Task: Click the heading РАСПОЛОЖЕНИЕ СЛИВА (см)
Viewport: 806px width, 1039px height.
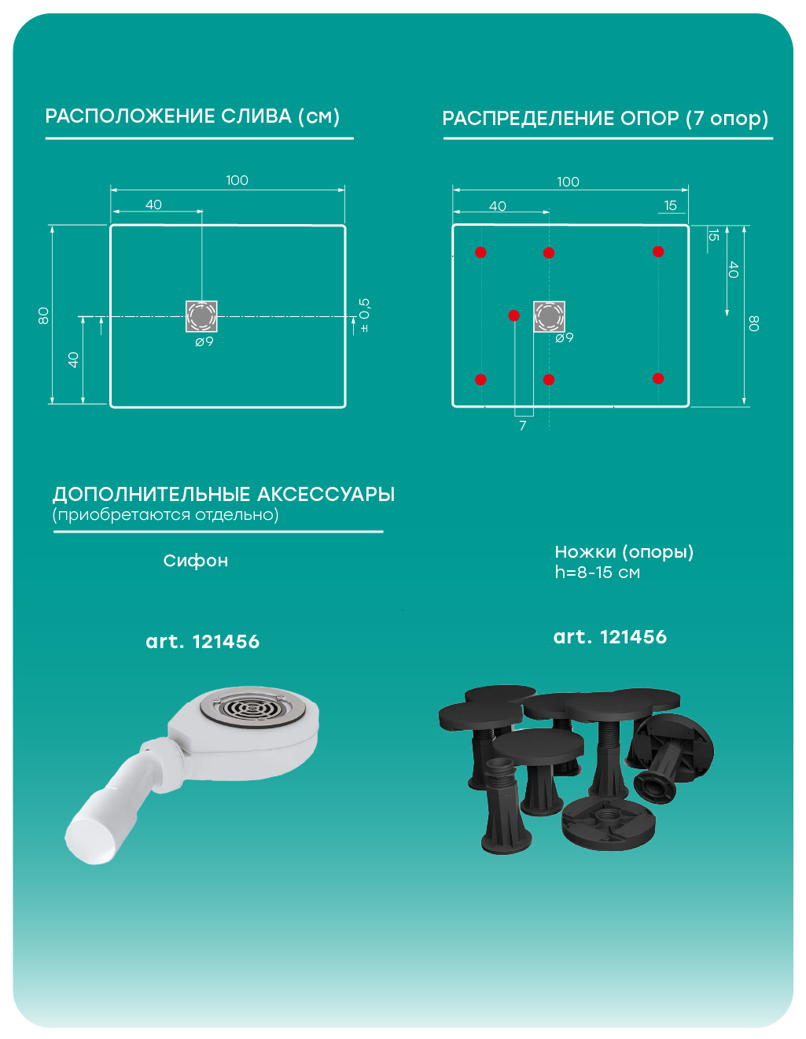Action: click(192, 116)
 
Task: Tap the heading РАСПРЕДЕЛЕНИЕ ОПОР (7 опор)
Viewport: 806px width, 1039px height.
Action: click(605, 118)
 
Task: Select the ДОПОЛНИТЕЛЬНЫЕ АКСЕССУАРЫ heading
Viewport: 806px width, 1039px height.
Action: click(224, 495)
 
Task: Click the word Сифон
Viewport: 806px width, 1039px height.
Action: click(196, 560)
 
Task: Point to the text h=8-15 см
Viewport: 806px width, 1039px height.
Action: click(597, 572)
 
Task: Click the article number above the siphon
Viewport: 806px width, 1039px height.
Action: click(203, 642)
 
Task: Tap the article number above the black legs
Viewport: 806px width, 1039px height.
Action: click(610, 637)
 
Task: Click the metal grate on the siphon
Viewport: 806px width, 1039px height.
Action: click(252, 706)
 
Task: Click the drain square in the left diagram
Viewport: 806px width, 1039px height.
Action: click(201, 316)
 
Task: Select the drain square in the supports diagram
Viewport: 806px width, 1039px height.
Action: click(550, 316)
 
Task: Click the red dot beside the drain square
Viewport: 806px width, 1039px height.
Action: click(514, 315)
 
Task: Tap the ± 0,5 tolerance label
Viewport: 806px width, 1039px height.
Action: click(364, 315)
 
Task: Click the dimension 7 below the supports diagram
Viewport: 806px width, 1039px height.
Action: click(522, 425)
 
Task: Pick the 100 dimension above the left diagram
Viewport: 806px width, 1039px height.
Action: click(237, 180)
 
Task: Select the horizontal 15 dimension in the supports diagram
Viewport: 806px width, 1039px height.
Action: click(670, 205)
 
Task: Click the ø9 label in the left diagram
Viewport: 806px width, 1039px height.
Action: click(204, 342)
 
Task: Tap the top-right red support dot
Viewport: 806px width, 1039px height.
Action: click(658, 252)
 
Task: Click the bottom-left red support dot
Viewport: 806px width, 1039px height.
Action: click(480, 380)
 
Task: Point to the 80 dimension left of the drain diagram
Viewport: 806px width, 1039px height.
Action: click(43, 315)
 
